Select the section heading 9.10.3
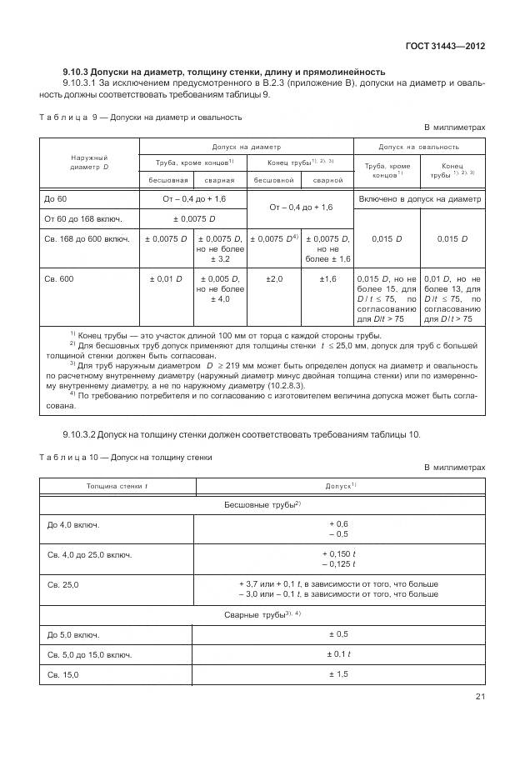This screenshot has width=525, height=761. pyautogui.click(x=223, y=72)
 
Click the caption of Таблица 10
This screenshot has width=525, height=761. pyautogui.click(x=125, y=457)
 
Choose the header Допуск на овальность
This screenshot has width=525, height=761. pyautogui.click(x=419, y=146)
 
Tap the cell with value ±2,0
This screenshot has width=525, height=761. pyautogui.click(x=274, y=278)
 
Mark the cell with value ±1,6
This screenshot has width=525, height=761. pyautogui.click(x=327, y=278)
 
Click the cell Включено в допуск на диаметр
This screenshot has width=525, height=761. pyautogui.click(x=419, y=199)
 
